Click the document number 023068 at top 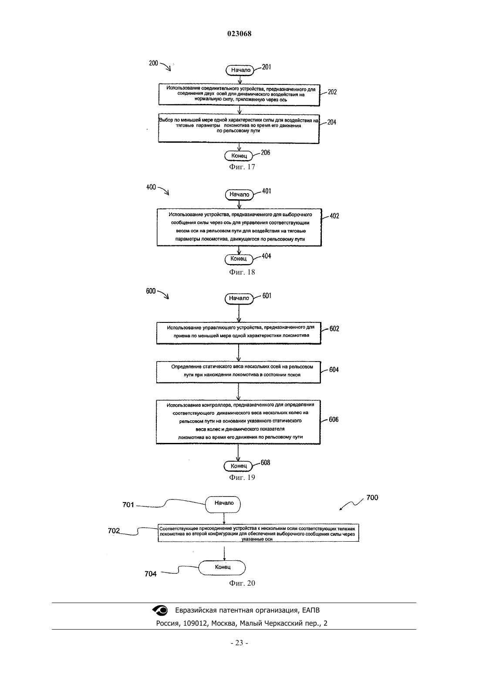click(239, 34)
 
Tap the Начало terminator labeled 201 click(240, 70)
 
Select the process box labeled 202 click(239, 95)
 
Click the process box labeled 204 click(239, 128)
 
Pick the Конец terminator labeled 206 click(239, 156)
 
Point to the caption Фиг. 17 click(242, 167)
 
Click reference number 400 click(151, 188)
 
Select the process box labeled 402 click(239, 227)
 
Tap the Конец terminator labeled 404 click(239, 259)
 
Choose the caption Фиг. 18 click(242, 272)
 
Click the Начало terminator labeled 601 click(239, 298)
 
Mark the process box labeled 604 click(238, 372)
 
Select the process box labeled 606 click(238, 422)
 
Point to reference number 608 click(265, 463)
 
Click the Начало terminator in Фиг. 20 click(223, 504)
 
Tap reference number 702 click(114, 531)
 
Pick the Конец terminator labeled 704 click(222, 568)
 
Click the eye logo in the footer click(160, 610)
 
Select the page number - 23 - click(239, 643)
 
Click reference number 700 click(372, 498)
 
